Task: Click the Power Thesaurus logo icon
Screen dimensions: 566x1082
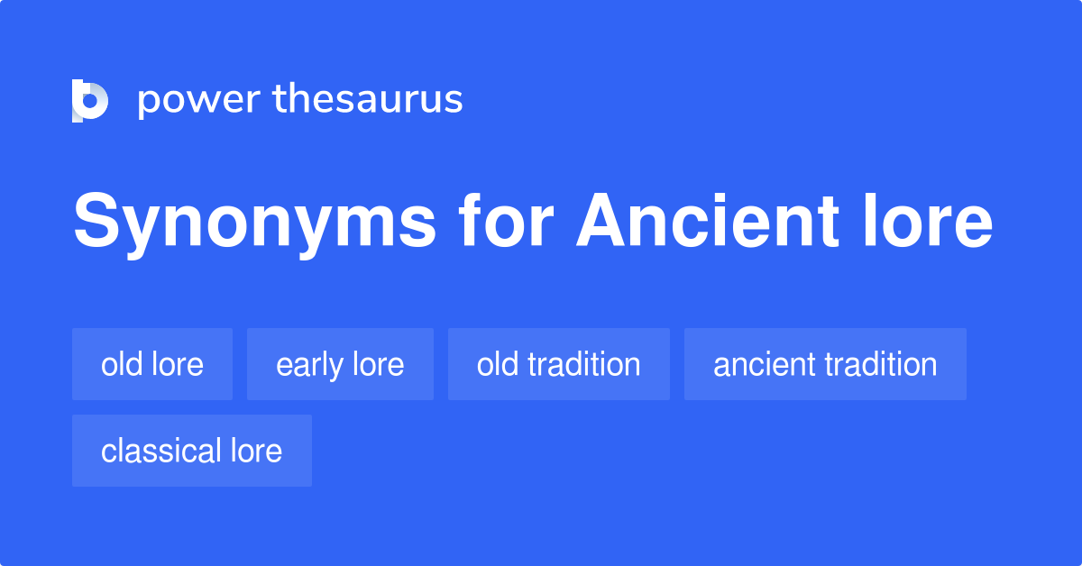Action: tap(90, 100)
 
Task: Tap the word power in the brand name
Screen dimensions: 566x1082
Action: tap(198, 100)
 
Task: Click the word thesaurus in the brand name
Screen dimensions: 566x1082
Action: tap(368, 100)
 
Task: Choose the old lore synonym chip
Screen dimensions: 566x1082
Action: tap(152, 364)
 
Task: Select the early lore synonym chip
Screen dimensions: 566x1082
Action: tap(340, 364)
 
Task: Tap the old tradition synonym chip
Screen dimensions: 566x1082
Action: tap(559, 364)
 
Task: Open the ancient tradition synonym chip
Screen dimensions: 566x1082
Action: tap(825, 364)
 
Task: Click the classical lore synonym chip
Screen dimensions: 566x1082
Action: tap(192, 451)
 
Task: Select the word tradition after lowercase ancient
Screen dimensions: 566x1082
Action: tap(882, 364)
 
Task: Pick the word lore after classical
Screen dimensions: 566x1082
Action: tap(256, 451)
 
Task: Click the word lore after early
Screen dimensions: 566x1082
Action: tap(378, 364)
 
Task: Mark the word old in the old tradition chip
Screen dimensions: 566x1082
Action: tap(498, 364)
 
